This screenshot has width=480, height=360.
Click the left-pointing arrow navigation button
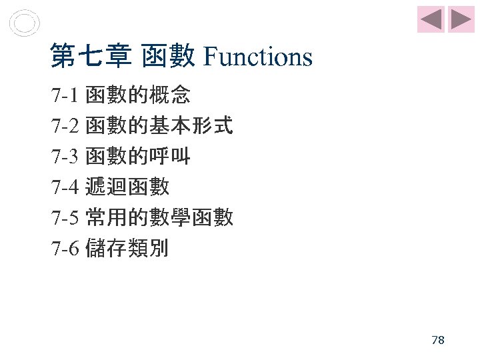pyautogui.click(x=431, y=19)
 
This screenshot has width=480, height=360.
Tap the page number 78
pyautogui.click(x=438, y=340)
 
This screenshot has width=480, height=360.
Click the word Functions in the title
pyautogui.click(x=257, y=57)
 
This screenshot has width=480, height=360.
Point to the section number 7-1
pyautogui.click(x=65, y=96)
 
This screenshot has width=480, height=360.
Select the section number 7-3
pyautogui.click(x=65, y=157)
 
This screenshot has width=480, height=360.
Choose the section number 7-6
pyautogui.click(x=65, y=249)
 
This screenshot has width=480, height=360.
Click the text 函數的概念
pyautogui.click(x=138, y=96)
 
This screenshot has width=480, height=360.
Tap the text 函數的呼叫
pyautogui.click(x=138, y=157)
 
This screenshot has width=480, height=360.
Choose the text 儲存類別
pyautogui.click(x=127, y=249)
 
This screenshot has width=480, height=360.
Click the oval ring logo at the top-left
pyautogui.click(x=25, y=23)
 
